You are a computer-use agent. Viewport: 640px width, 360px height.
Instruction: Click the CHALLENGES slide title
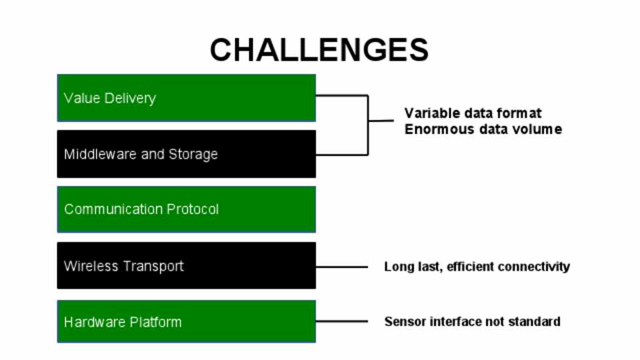[319, 50]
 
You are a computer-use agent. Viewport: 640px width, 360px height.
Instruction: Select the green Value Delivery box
[186, 98]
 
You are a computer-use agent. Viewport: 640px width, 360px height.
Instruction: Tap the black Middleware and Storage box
[186, 154]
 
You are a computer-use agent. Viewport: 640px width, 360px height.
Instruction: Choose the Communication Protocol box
[186, 209]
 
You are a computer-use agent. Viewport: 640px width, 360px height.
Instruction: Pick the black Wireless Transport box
[186, 265]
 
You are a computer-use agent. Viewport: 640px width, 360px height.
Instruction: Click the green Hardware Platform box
[186, 321]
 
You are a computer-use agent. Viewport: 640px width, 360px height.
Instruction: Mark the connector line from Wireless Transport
[341, 267]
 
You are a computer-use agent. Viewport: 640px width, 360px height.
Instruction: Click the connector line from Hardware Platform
[341, 321]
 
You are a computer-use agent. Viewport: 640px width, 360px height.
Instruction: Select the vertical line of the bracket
[368, 125]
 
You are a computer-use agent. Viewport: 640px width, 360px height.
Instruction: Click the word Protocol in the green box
[193, 209]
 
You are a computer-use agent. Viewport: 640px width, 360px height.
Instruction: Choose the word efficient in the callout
[471, 267]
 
